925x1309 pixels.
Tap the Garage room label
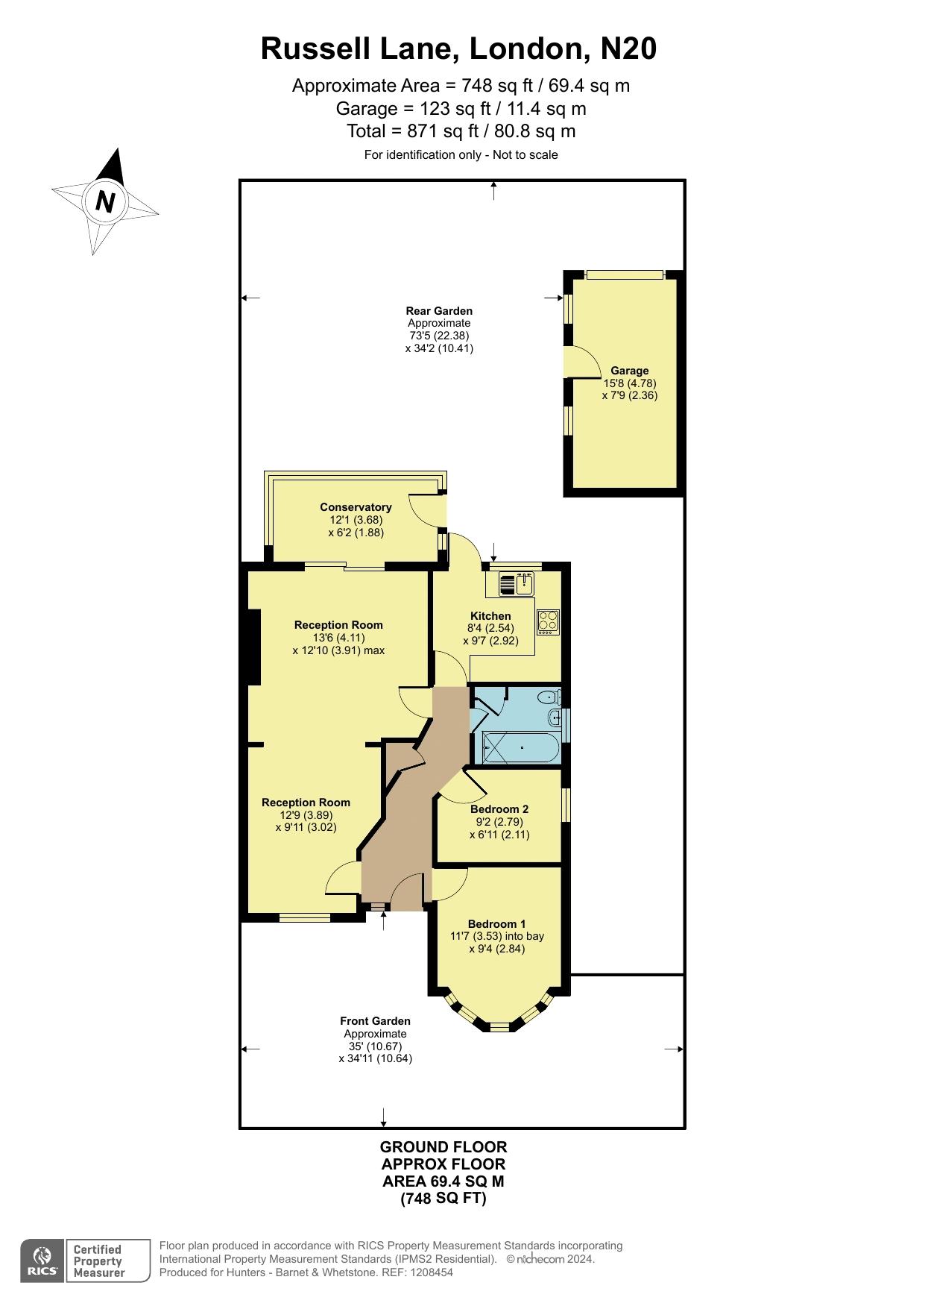630,371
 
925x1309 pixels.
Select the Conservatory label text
356,507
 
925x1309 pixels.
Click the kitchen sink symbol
517,584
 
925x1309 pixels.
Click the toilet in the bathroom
551,698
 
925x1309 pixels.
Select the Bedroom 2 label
499,809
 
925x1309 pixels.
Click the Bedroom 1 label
497,924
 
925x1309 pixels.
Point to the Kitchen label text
490,616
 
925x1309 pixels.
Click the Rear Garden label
439,311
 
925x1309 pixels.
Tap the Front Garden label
375,1021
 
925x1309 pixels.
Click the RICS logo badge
42,1261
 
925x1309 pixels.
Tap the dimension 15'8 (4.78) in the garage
630,383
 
